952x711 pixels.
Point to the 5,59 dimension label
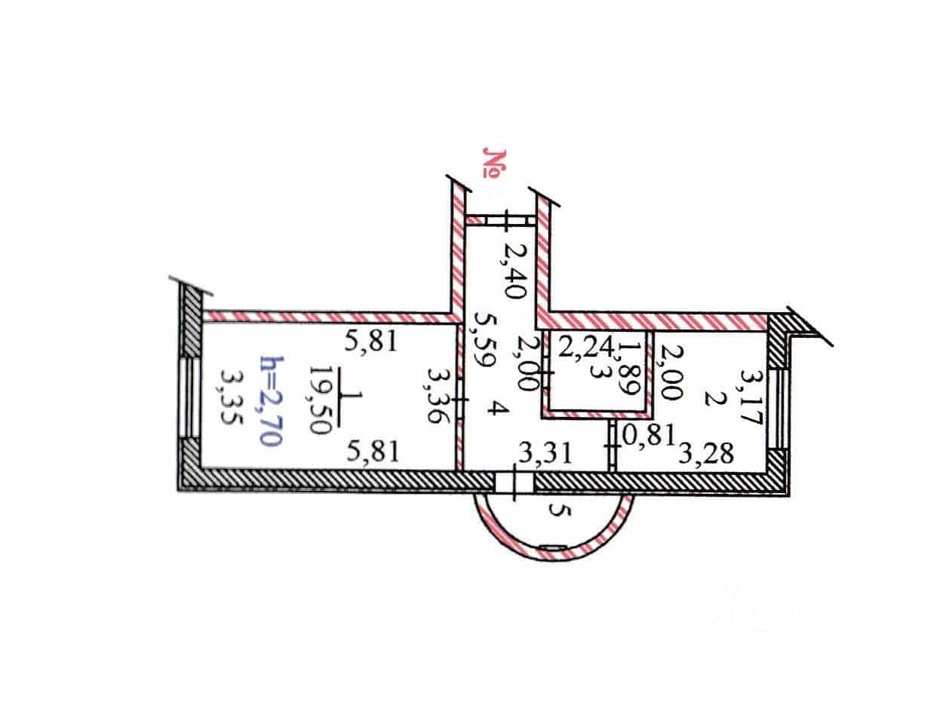click(x=484, y=340)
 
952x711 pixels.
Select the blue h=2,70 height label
click(x=272, y=401)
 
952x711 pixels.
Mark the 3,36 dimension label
click(x=438, y=395)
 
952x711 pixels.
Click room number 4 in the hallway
click(x=494, y=407)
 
